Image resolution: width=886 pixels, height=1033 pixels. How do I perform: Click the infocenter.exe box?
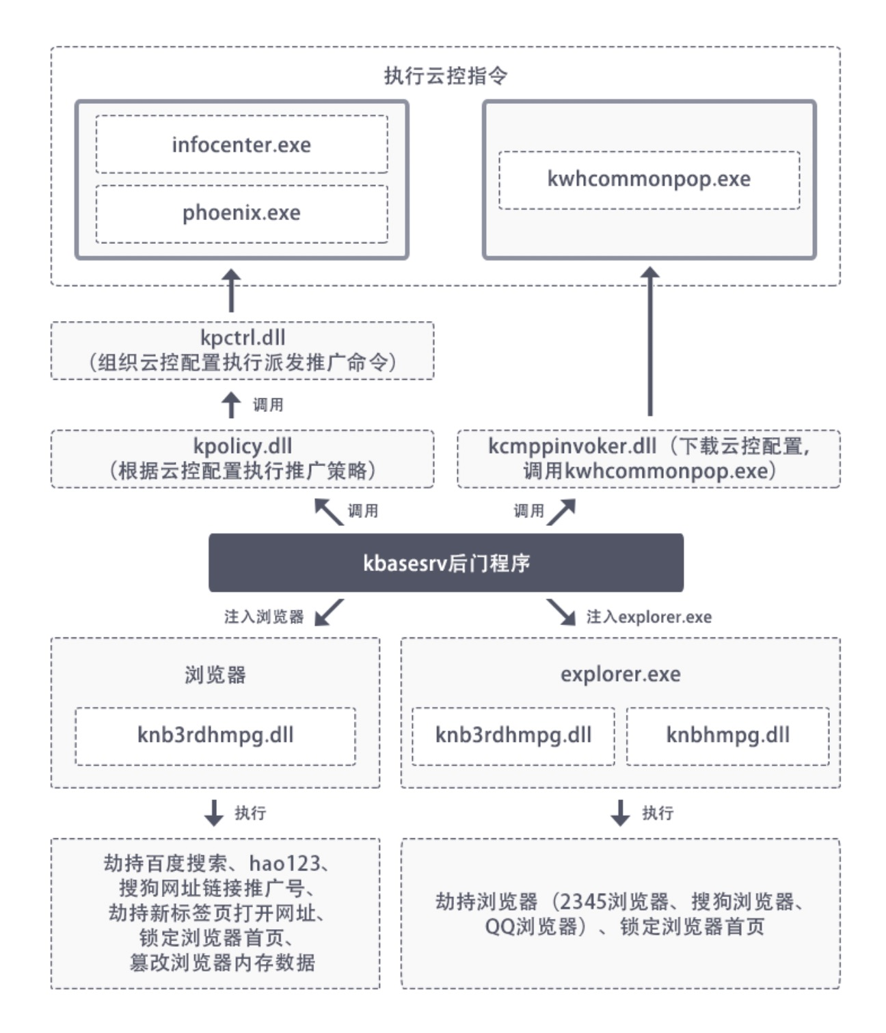(241, 144)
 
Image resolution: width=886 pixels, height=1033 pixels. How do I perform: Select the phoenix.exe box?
(241, 213)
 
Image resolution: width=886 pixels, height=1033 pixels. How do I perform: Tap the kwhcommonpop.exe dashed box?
(649, 180)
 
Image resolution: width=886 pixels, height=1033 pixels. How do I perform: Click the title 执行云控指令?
(445, 75)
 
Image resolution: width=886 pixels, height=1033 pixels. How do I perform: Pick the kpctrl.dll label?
(243, 338)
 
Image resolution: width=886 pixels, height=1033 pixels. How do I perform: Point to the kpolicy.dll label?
(243, 446)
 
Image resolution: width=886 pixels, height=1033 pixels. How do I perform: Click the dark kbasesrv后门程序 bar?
(446, 563)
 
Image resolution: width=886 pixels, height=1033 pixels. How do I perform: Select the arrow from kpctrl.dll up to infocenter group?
(232, 290)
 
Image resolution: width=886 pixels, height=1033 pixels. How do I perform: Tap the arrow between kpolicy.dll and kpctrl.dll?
(232, 404)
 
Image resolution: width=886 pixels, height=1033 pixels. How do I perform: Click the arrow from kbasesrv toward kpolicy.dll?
(328, 511)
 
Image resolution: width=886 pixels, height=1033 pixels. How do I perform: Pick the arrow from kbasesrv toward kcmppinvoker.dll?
(561, 511)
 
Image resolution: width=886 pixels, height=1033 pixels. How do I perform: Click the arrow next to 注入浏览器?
(329, 613)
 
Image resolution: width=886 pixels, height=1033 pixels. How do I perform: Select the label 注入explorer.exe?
(649, 617)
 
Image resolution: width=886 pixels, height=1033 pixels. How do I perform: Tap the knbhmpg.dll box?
(727, 736)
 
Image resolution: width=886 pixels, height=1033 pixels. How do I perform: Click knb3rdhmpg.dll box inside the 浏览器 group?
(215, 736)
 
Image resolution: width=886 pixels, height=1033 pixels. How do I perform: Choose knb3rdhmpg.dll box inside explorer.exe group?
(513, 736)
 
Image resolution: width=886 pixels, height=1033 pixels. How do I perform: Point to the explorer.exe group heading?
(620, 675)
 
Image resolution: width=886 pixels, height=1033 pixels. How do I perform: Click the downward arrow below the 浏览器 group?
(214, 812)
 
